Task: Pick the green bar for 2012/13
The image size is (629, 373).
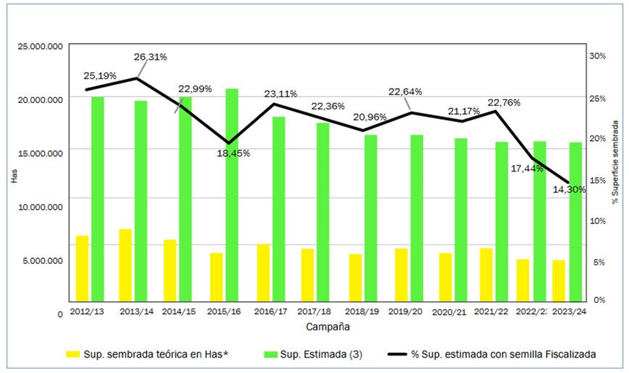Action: point(97,199)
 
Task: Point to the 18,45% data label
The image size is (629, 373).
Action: point(234,153)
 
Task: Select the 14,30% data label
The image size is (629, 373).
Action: point(568,190)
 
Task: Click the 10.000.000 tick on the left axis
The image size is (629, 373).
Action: point(40,206)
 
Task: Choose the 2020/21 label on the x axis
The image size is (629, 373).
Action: point(449,312)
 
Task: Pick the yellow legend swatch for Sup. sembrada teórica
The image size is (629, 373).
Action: point(72,354)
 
